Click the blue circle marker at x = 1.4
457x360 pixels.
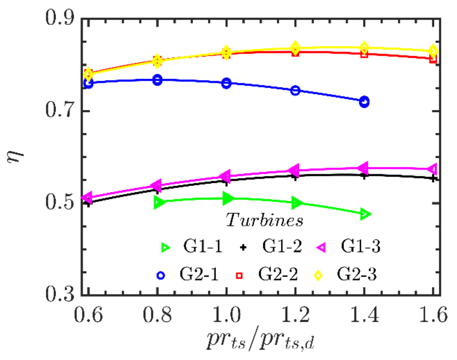[x=364, y=102]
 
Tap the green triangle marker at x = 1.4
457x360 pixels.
[x=365, y=214]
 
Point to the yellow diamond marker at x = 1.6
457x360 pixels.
[x=433, y=51]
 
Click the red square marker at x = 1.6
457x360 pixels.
[x=433, y=59]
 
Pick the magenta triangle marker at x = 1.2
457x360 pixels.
[x=294, y=170]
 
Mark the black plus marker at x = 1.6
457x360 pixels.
[x=433, y=178]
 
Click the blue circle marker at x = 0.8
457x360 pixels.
[x=157, y=80]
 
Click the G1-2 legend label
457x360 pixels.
[x=282, y=246]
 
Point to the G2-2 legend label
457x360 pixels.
[x=278, y=275]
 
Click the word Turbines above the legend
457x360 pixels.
[x=265, y=220]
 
